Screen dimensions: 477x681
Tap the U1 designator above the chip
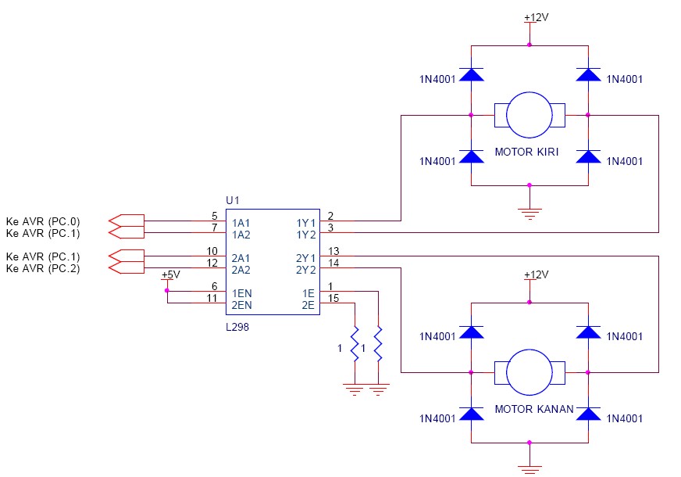pos(232,201)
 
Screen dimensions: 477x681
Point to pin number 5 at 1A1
pos(214,216)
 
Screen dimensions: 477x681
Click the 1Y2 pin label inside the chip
pos(305,234)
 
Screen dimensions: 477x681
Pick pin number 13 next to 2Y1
pos(333,251)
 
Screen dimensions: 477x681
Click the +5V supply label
pos(169,275)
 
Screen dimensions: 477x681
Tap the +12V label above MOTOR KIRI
pos(536,16)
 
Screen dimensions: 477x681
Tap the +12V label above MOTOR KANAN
pos(536,274)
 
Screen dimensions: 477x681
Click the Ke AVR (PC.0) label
pos(43,221)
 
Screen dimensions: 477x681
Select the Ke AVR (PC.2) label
pos(43,269)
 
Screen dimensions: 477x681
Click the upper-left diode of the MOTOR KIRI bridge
pos(471,75)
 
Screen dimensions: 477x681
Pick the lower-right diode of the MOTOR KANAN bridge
pos(588,414)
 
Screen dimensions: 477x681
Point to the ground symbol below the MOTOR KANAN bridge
pos(529,469)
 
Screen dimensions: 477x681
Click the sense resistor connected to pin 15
pos(355,344)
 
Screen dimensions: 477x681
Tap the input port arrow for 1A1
pos(127,221)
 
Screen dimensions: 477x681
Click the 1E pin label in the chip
pos(308,292)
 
